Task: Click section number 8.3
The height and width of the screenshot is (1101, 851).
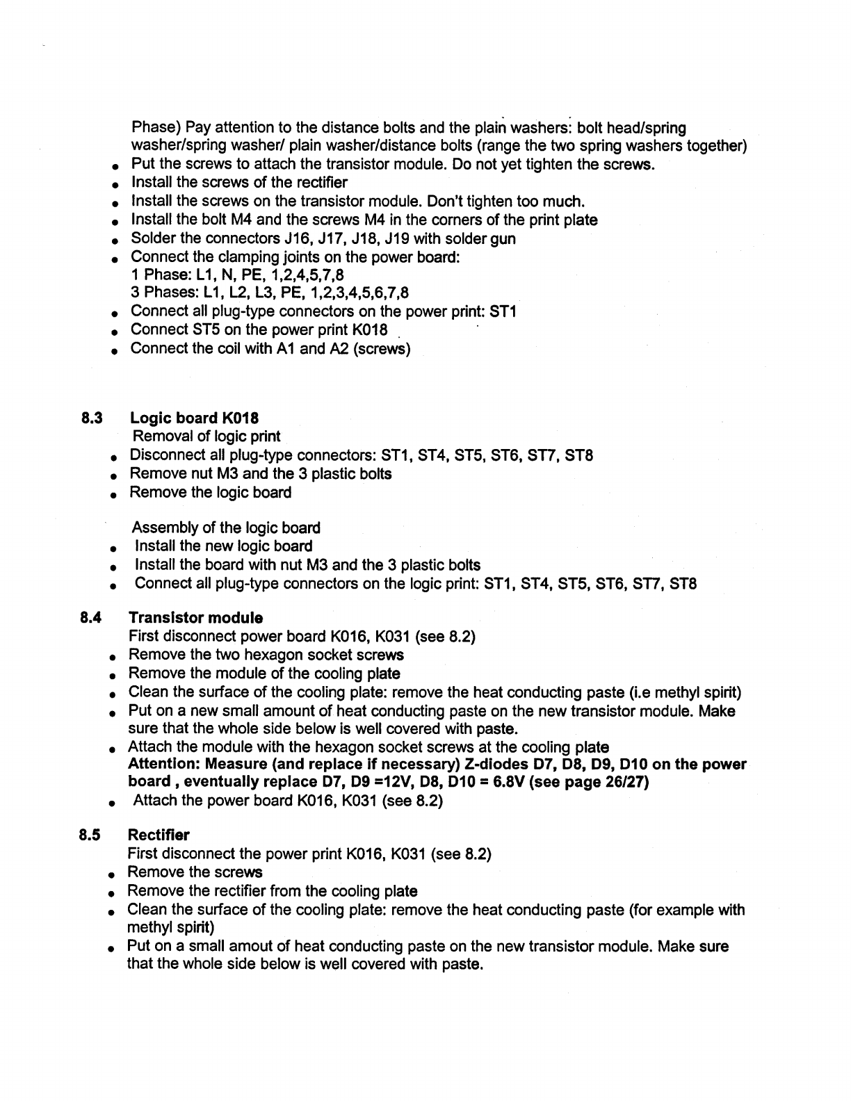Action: (92, 418)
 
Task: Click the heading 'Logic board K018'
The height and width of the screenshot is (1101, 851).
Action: (195, 418)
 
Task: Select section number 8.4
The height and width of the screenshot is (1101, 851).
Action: (91, 618)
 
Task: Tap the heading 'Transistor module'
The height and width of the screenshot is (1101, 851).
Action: (196, 618)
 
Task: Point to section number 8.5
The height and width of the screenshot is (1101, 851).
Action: (91, 835)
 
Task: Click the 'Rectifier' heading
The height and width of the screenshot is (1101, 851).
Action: (159, 835)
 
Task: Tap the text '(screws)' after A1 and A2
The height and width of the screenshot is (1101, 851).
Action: (382, 348)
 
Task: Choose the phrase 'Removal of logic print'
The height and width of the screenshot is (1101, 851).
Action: (206, 437)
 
